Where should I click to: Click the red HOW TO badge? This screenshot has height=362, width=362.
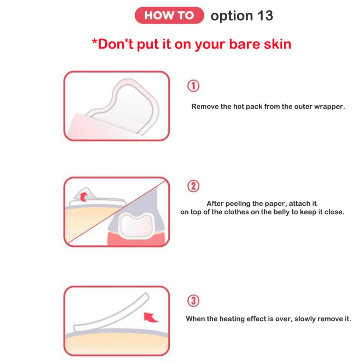tap(169, 15)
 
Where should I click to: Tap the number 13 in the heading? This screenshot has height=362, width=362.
tap(265, 16)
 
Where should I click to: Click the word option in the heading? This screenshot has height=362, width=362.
tap(232, 16)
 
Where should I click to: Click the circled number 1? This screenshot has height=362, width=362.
tap(193, 86)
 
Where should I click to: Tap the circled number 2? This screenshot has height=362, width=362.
tap(193, 186)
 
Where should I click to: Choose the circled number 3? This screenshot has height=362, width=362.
tap(193, 300)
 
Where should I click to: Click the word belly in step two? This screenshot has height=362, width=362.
tap(283, 212)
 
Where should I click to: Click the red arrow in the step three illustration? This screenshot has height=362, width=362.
tap(150, 317)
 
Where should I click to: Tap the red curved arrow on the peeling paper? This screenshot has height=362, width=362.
tap(83, 197)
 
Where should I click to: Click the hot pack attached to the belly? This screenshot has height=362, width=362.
tap(137, 225)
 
